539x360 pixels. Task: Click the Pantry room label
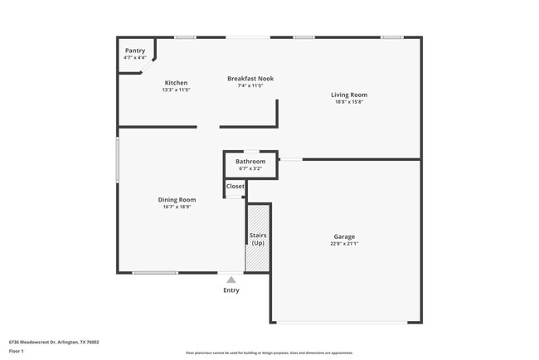134,51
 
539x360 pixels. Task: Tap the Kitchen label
176,83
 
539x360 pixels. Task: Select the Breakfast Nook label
250,79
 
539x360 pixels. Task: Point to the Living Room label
349,95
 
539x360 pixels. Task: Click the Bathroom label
250,161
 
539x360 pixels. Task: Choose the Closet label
236,186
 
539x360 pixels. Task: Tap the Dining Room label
177,199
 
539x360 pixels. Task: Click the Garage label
344,236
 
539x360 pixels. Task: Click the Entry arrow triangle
231,280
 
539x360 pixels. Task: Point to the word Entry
231,290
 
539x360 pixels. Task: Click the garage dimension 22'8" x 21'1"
344,244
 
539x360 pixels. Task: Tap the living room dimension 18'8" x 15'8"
349,102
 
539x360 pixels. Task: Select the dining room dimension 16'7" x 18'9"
177,207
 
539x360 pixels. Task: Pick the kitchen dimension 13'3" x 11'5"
176,90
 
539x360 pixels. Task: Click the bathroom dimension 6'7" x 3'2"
250,168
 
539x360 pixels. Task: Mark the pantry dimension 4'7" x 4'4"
134,57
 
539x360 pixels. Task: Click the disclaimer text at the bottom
269,353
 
